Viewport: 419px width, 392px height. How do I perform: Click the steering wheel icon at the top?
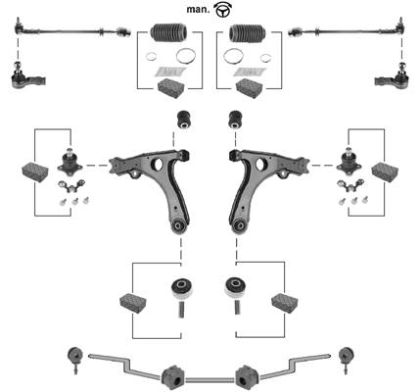point(223,9)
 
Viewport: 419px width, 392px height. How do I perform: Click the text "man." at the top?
point(198,10)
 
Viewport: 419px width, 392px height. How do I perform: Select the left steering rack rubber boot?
point(168,32)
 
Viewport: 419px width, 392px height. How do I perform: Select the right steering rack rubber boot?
point(248,32)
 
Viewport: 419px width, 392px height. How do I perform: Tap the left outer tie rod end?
point(28,77)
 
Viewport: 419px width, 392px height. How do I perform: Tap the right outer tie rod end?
point(391,77)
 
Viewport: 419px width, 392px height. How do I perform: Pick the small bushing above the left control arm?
point(184,120)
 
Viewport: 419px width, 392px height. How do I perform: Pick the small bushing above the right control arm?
point(236,120)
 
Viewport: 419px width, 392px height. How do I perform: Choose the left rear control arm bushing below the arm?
point(182,288)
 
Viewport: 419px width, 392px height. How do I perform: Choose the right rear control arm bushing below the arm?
point(235,288)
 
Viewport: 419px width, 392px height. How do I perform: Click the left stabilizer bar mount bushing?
point(173,378)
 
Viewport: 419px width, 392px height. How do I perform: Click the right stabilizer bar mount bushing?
point(247,378)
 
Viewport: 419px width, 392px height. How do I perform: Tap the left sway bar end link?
point(74,360)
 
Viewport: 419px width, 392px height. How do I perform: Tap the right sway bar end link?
point(346,360)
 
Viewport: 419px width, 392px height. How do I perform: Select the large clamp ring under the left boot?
point(186,56)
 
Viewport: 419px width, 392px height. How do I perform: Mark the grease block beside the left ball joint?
point(35,171)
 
